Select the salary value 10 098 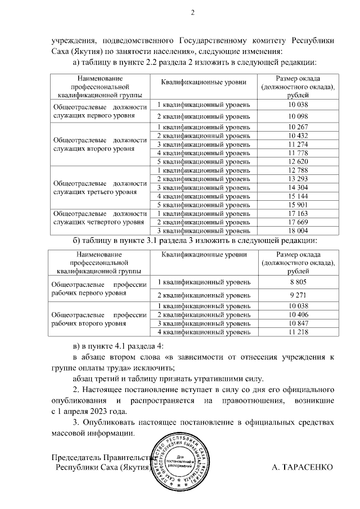(299, 116)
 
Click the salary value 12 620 (299, 161)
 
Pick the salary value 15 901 (299, 205)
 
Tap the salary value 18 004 (299, 231)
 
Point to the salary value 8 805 (299, 282)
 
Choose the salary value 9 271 (299, 295)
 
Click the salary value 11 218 (299, 333)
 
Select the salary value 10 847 (299, 324)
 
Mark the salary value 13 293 (299, 179)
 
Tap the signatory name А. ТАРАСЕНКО (302, 467)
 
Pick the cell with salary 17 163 (299, 214)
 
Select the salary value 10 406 (299, 315)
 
